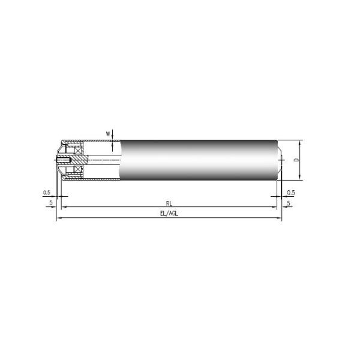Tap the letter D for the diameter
pyautogui.click(x=295, y=160)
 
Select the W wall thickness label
pyautogui.click(x=108, y=133)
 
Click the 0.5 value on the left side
pyautogui.click(x=47, y=193)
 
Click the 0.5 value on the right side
pyautogui.click(x=291, y=193)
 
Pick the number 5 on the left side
pyautogui.click(x=51, y=203)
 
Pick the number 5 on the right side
pyautogui.click(x=289, y=203)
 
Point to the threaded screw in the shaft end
pyautogui.click(x=62, y=160)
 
